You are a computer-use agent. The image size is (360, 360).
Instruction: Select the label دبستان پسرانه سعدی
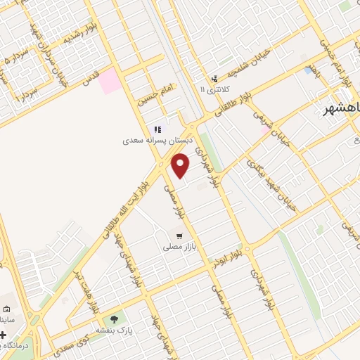coord(159,141)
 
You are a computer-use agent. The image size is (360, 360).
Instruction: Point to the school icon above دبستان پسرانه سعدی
coord(158,129)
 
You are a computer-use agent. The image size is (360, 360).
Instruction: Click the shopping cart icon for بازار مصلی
coord(179,236)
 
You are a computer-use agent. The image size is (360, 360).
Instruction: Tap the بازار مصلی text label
coord(176,247)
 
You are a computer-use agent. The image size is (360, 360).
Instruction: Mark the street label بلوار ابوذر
coord(233,252)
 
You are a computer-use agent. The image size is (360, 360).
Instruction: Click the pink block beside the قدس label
coord(110,82)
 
